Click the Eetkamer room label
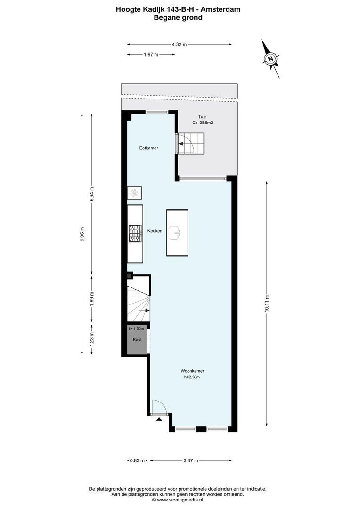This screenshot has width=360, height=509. pyautogui.click(x=149, y=148)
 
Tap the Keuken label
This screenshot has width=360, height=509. pyautogui.click(x=155, y=231)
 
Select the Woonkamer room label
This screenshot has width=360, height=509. pyautogui.click(x=192, y=371)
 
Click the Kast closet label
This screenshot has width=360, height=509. pyautogui.click(x=137, y=340)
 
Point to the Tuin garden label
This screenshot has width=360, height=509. pyautogui.click(x=202, y=117)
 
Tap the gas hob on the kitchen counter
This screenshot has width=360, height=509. pyautogui.click(x=135, y=234)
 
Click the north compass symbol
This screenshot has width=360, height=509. pyautogui.click(x=270, y=59)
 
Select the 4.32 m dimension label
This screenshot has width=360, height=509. pyautogui.click(x=179, y=45)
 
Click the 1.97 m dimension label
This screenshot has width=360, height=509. pyautogui.click(x=151, y=55)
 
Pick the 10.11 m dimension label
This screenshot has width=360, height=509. pyautogui.click(x=267, y=304)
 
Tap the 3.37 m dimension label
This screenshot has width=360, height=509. pyautogui.click(x=191, y=460)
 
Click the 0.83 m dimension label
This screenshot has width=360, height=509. pyautogui.click(x=137, y=460)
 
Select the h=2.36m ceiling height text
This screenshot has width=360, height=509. pyautogui.click(x=192, y=377)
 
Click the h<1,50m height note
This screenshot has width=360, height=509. pyautogui.click(x=136, y=329)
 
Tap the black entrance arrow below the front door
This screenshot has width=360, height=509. pyautogui.click(x=159, y=419)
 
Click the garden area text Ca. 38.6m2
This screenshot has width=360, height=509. pyautogui.click(x=203, y=123)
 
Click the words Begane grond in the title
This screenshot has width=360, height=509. pyautogui.click(x=178, y=17)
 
